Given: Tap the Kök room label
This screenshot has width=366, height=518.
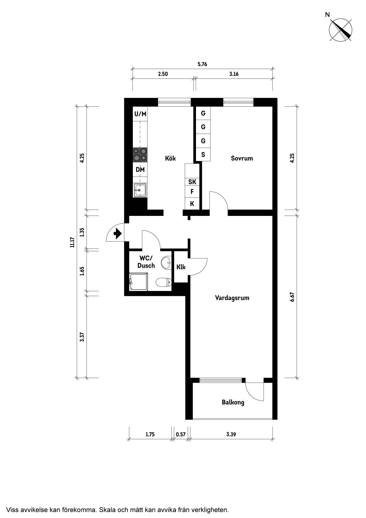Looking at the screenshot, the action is click(170, 158).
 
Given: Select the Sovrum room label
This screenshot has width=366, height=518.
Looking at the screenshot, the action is click(242, 158).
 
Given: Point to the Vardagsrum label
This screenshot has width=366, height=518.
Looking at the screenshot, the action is click(232, 298).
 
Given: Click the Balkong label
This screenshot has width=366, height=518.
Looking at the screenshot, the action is click(233, 402).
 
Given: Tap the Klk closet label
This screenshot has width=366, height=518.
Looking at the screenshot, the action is click(181, 267).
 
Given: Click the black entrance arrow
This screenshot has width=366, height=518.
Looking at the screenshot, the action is click(118, 234).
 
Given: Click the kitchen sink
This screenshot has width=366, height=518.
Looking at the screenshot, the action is click(140, 190).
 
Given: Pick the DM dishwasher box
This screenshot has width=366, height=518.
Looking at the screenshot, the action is click(140, 170).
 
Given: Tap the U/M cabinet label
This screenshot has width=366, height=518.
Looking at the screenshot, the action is click(140, 114).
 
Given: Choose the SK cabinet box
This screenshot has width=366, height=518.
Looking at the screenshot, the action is click(192, 182).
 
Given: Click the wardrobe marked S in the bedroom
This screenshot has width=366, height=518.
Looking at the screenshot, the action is click(203, 154).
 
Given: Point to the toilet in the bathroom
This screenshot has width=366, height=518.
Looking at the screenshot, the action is click(163, 282).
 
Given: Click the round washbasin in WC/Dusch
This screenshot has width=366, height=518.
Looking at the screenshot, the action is click(166, 262).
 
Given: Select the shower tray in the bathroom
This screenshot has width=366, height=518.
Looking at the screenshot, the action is click(138, 282).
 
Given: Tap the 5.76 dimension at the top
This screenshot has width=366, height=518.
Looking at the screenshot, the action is click(202, 64).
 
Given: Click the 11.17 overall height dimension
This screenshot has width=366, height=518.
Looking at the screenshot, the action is click(72, 242).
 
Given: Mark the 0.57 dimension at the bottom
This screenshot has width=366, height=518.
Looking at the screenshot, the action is click(181, 434).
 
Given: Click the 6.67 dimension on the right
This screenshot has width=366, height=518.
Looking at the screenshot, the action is click(292, 297).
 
